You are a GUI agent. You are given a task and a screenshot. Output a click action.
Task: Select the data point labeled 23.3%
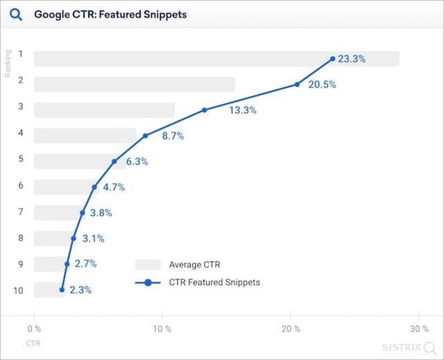(x=333, y=59)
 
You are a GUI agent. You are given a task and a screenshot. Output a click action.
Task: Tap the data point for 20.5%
(x=297, y=85)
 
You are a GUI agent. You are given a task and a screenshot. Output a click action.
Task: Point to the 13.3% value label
(x=243, y=110)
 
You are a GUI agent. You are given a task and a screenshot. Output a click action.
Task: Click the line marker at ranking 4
(x=145, y=135)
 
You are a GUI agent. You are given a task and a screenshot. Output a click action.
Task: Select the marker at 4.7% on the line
(x=94, y=187)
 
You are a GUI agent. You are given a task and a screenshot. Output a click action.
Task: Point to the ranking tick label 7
(x=21, y=212)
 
